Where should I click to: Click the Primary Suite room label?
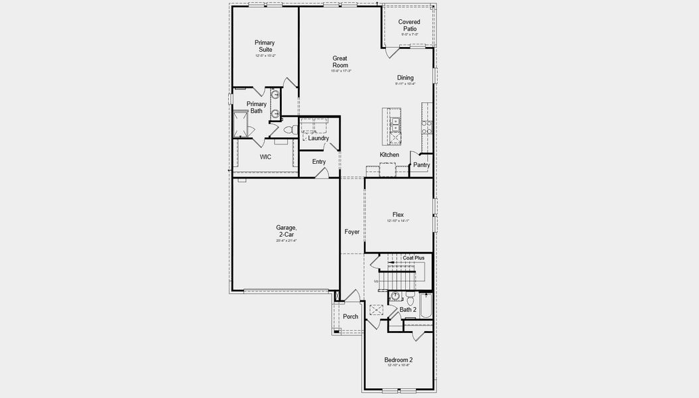coord(265,46)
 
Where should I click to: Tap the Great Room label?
coord(340,62)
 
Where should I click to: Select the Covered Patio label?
coord(409,25)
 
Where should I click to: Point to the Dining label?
coord(405,78)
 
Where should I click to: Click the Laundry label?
coord(318,138)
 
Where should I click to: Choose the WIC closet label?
coord(265,157)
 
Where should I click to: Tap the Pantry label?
coord(421,165)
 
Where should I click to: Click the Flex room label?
coord(398,214)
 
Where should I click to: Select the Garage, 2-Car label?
coord(286,231)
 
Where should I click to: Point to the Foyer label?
coord(351,232)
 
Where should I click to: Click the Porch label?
coord(350,316)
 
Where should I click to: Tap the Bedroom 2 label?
coord(398,360)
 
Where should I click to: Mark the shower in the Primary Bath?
coord(240,124)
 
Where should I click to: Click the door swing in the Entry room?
coord(322,172)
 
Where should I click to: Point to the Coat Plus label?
coord(413,257)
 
